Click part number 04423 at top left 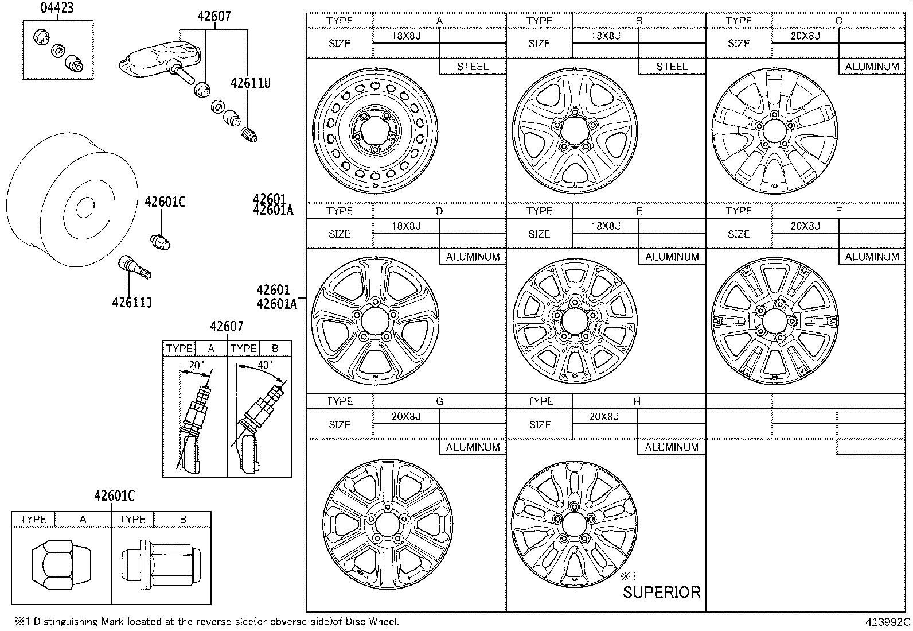(57, 8)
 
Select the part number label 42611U (250, 83)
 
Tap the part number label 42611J (131, 302)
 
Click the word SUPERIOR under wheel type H (661, 592)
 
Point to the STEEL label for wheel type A (473, 67)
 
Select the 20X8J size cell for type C (805, 36)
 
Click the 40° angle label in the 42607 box (264, 365)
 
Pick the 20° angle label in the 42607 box (196, 365)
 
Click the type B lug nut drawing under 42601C (161, 564)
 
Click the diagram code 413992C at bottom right (888, 622)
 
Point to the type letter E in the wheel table (638, 211)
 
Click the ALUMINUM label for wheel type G (473, 447)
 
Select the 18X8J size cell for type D (406, 226)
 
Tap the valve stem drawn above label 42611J (134, 268)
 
